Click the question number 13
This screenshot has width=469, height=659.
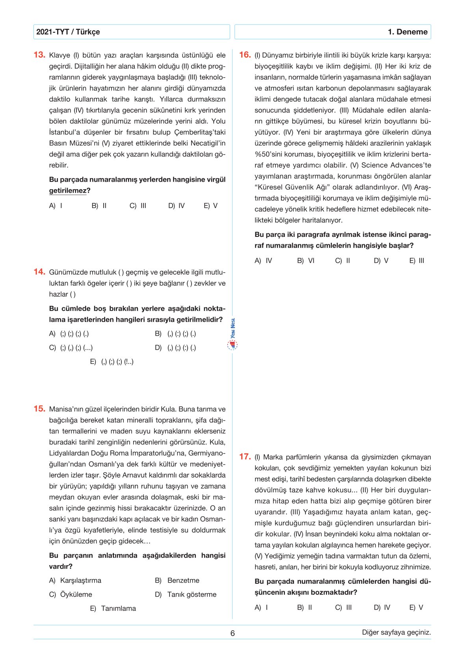coord(39,55)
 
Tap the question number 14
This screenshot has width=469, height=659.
coord(39,272)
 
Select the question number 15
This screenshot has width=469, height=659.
coord(39,409)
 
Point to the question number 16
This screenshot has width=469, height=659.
coord(245,55)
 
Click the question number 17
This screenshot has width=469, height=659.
coord(245,457)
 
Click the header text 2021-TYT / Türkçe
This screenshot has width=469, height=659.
coord(68,32)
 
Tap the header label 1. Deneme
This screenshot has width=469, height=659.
coord(408,32)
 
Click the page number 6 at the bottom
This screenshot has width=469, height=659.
coord(233,633)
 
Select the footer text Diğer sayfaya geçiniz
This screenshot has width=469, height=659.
coord(396,632)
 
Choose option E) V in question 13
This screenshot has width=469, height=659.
coord(210,206)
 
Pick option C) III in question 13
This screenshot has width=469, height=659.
coord(138,206)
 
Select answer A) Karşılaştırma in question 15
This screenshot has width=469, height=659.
coord(75,581)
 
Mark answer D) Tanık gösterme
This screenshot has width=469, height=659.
coord(186,594)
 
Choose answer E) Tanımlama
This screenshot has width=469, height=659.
coord(113,609)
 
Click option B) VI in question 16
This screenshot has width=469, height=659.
coord(306,261)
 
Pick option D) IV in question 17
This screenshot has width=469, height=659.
coord(382,607)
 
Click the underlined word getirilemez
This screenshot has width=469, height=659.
coord(67,191)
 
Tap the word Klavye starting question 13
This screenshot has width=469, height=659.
coord(60,55)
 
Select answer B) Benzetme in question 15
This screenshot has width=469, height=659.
coord(177,581)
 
